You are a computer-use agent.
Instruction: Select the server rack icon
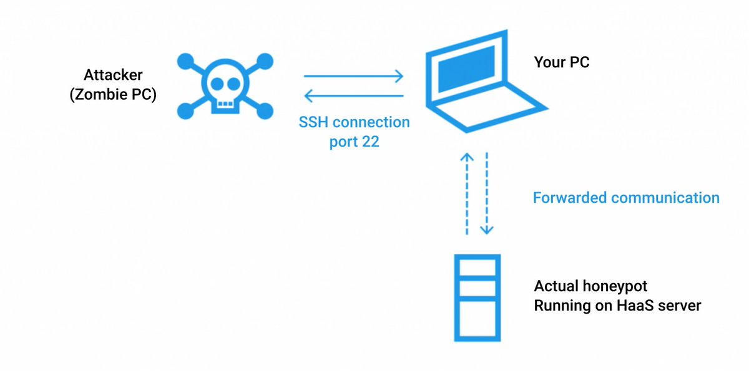click(477, 298)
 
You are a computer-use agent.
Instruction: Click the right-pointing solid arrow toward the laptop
click(353, 77)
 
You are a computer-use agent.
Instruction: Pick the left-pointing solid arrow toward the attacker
click(353, 95)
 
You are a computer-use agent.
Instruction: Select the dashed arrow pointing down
click(487, 193)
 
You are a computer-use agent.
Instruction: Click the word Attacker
click(113, 75)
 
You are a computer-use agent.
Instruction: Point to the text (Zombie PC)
click(113, 96)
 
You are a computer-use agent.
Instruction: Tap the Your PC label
click(561, 62)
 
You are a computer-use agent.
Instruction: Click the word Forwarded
click(569, 198)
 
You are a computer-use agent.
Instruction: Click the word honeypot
click(615, 286)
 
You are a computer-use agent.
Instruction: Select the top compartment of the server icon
click(477, 267)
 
